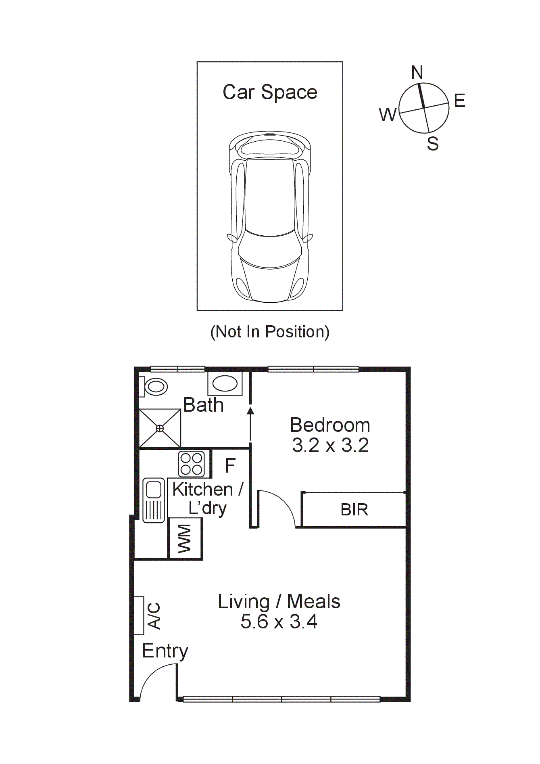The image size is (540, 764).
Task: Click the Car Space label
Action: [x=270, y=92]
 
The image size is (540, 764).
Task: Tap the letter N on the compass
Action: [x=417, y=73]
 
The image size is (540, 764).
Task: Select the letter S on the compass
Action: [x=433, y=144]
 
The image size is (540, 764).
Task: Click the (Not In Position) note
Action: [x=270, y=332]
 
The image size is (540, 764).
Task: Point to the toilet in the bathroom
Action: [x=156, y=387]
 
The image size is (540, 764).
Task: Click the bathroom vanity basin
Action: [x=225, y=383]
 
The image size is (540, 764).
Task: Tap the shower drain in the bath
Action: [x=160, y=428]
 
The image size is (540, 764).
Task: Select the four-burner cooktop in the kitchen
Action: [x=192, y=464]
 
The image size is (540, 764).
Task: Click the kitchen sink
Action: [x=154, y=500]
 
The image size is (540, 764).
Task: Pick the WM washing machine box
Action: [x=185, y=538]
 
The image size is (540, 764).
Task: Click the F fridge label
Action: [x=230, y=466]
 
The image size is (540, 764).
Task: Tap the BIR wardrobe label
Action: [x=354, y=510]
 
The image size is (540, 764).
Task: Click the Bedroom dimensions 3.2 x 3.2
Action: [x=330, y=446]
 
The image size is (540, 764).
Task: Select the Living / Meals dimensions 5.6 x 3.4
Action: [x=279, y=622]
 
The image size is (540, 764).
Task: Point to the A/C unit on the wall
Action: [x=139, y=615]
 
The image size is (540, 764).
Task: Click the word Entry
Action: [x=165, y=651]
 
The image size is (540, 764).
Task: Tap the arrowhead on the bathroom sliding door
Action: [x=250, y=411]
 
